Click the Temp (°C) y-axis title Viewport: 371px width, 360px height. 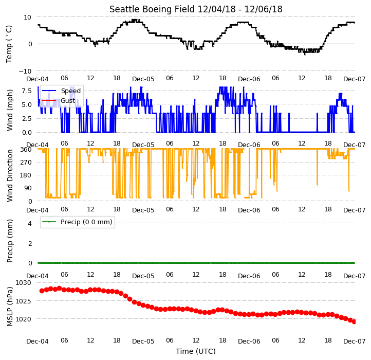pyautogui.click(x=9, y=44)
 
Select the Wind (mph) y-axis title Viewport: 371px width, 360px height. pyautogui.click(x=9, y=110)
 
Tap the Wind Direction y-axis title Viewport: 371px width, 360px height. pyautogui.click(x=9, y=175)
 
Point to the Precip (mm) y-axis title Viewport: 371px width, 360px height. pyautogui.click(x=9, y=241)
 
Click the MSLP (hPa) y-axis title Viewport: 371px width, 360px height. pyautogui.click(x=9, y=307)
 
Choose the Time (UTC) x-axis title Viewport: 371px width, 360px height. pyautogui.click(x=196, y=351)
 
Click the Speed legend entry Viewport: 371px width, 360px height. pyautogui.click(x=71, y=91)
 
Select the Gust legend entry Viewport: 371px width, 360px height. pyautogui.click(x=68, y=100)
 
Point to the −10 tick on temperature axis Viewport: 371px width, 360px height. pyautogui.click(x=25, y=71)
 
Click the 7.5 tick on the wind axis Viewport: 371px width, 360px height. pyautogui.click(x=27, y=91)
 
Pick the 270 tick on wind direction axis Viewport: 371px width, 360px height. pyautogui.click(x=27, y=162)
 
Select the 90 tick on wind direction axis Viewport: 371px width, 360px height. pyautogui.click(x=28, y=188)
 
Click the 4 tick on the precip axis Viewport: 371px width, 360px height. pyautogui.click(x=30, y=223)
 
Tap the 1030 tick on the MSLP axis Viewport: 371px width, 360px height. pyautogui.click(x=24, y=282)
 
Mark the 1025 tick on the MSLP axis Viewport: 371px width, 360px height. pyautogui.click(x=24, y=301)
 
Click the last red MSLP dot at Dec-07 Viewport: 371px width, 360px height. pyautogui.click(x=354, y=321)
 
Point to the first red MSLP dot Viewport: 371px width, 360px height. pyautogui.click(x=42, y=291)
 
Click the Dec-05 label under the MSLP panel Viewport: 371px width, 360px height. pyautogui.click(x=143, y=341)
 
